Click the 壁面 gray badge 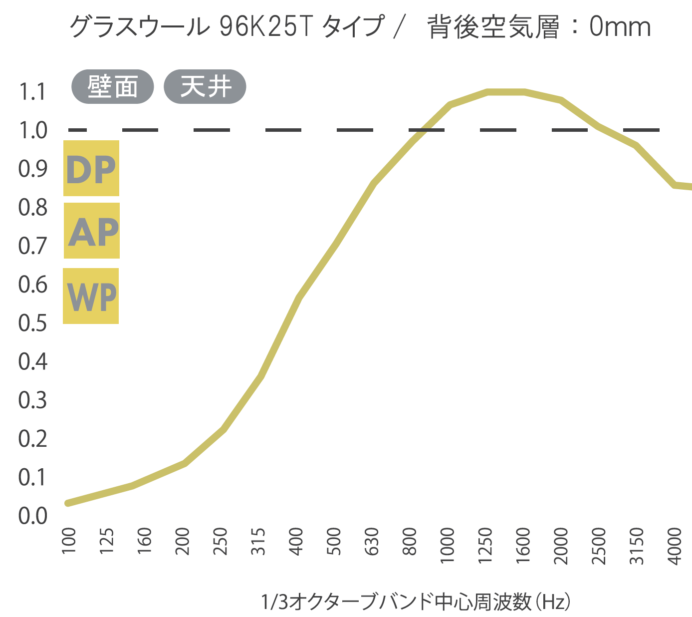[112, 87]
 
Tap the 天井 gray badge [205, 87]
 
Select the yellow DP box [91, 168]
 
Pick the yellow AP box [92, 231]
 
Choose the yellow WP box [91, 296]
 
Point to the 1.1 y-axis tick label [32, 92]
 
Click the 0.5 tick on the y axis [32, 323]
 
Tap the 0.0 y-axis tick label [32, 516]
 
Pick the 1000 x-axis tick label [448, 545]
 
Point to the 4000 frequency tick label [674, 545]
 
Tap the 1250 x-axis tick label [485, 545]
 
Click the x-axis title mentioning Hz [416, 602]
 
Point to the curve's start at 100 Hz [68, 503]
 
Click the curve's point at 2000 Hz [561, 100]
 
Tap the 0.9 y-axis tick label [32, 169]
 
